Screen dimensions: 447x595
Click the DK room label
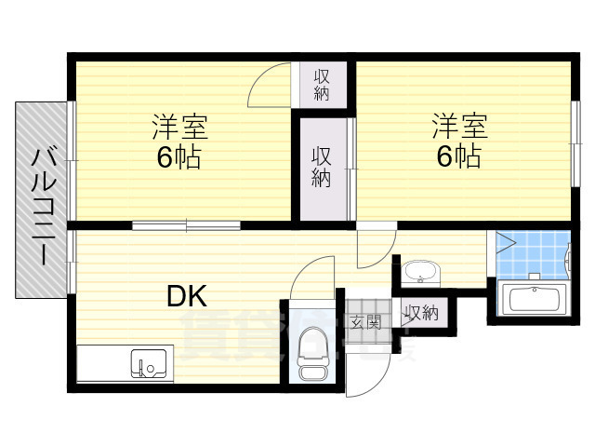click(187, 296)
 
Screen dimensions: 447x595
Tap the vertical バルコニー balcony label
click(42, 205)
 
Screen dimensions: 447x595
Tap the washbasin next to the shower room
click(422, 273)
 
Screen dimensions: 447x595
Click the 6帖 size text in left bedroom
click(179, 156)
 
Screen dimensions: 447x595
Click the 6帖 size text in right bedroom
click(458, 156)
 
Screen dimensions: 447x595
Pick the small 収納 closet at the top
click(322, 85)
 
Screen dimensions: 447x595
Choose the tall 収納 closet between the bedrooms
click(322, 168)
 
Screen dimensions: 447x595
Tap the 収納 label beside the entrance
click(421, 314)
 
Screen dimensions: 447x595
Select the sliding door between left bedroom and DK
click(186, 224)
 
